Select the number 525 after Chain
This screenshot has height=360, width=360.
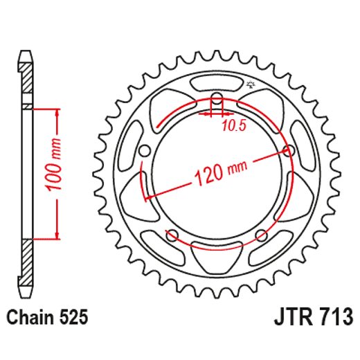[74, 318]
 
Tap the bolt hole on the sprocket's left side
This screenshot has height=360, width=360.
[144, 150]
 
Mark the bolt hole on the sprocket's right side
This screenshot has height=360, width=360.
[289, 150]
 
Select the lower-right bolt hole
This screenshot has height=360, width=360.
[262, 235]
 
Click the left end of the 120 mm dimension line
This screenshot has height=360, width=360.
[145, 199]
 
